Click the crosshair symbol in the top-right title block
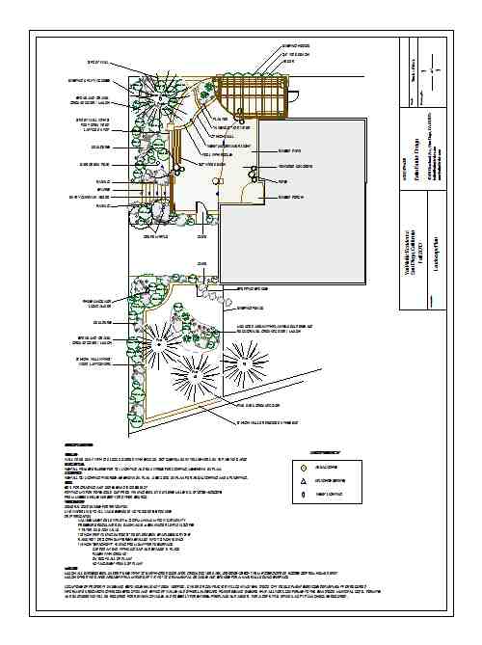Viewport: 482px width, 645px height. point(436,71)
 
